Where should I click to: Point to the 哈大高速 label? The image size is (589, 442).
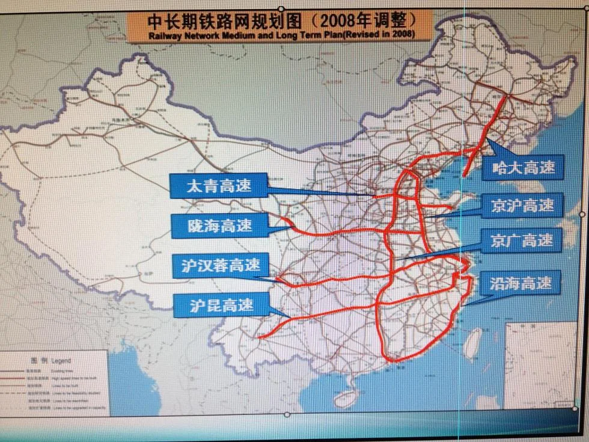coord(523,167)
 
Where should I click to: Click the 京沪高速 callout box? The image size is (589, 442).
coord(522,205)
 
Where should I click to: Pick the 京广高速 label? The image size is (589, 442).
coord(522,241)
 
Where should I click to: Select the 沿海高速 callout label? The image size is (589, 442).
coord(520,282)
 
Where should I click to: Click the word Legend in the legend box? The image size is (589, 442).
coord(61,361)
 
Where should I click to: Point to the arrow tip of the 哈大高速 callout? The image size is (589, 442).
coord(487,140)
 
